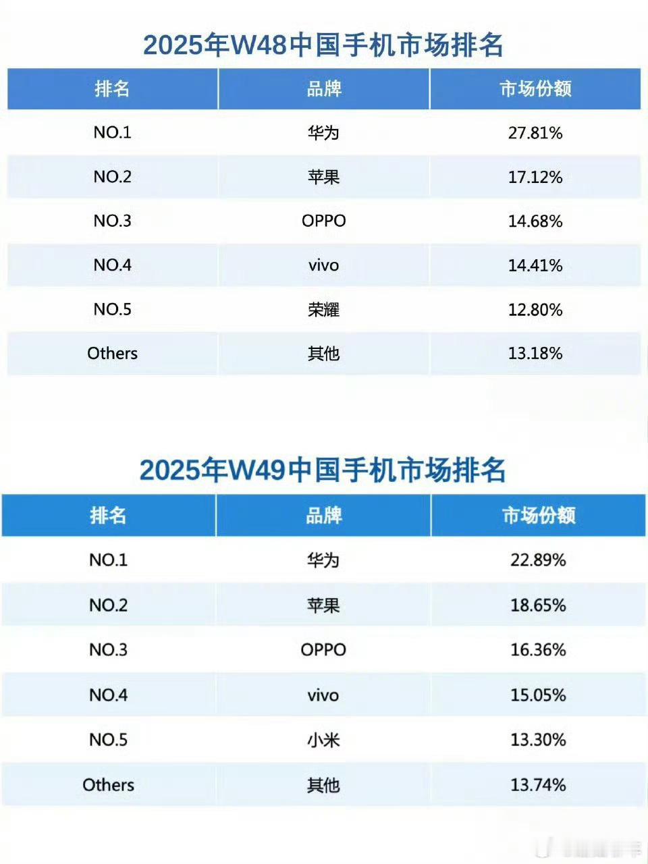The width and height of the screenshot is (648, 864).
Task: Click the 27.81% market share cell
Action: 535,132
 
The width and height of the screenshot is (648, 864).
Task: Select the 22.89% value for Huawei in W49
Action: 537,560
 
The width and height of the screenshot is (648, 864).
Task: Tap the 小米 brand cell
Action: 323,740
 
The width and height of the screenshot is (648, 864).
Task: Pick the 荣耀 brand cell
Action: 323,309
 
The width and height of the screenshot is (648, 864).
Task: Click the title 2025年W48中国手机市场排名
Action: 323,45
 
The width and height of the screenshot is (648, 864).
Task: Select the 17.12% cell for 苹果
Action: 535,177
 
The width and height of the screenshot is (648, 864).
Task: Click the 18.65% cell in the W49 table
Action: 537,605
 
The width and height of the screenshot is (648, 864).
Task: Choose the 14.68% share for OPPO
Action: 535,221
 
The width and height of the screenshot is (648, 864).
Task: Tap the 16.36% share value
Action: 537,649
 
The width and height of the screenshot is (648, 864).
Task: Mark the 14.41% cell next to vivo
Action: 535,265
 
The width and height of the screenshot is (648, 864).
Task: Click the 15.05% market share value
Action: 537,695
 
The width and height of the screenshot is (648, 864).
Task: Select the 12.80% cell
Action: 535,309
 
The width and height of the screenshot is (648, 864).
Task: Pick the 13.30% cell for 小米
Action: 537,740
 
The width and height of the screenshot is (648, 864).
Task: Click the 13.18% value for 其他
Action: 535,353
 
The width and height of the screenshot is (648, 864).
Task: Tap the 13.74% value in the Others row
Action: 537,784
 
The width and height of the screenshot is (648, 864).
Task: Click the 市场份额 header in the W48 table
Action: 535,88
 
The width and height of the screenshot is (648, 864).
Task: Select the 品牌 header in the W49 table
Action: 323,516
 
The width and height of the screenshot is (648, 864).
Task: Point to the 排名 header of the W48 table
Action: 112,88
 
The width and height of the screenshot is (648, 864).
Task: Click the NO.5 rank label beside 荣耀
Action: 112,309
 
